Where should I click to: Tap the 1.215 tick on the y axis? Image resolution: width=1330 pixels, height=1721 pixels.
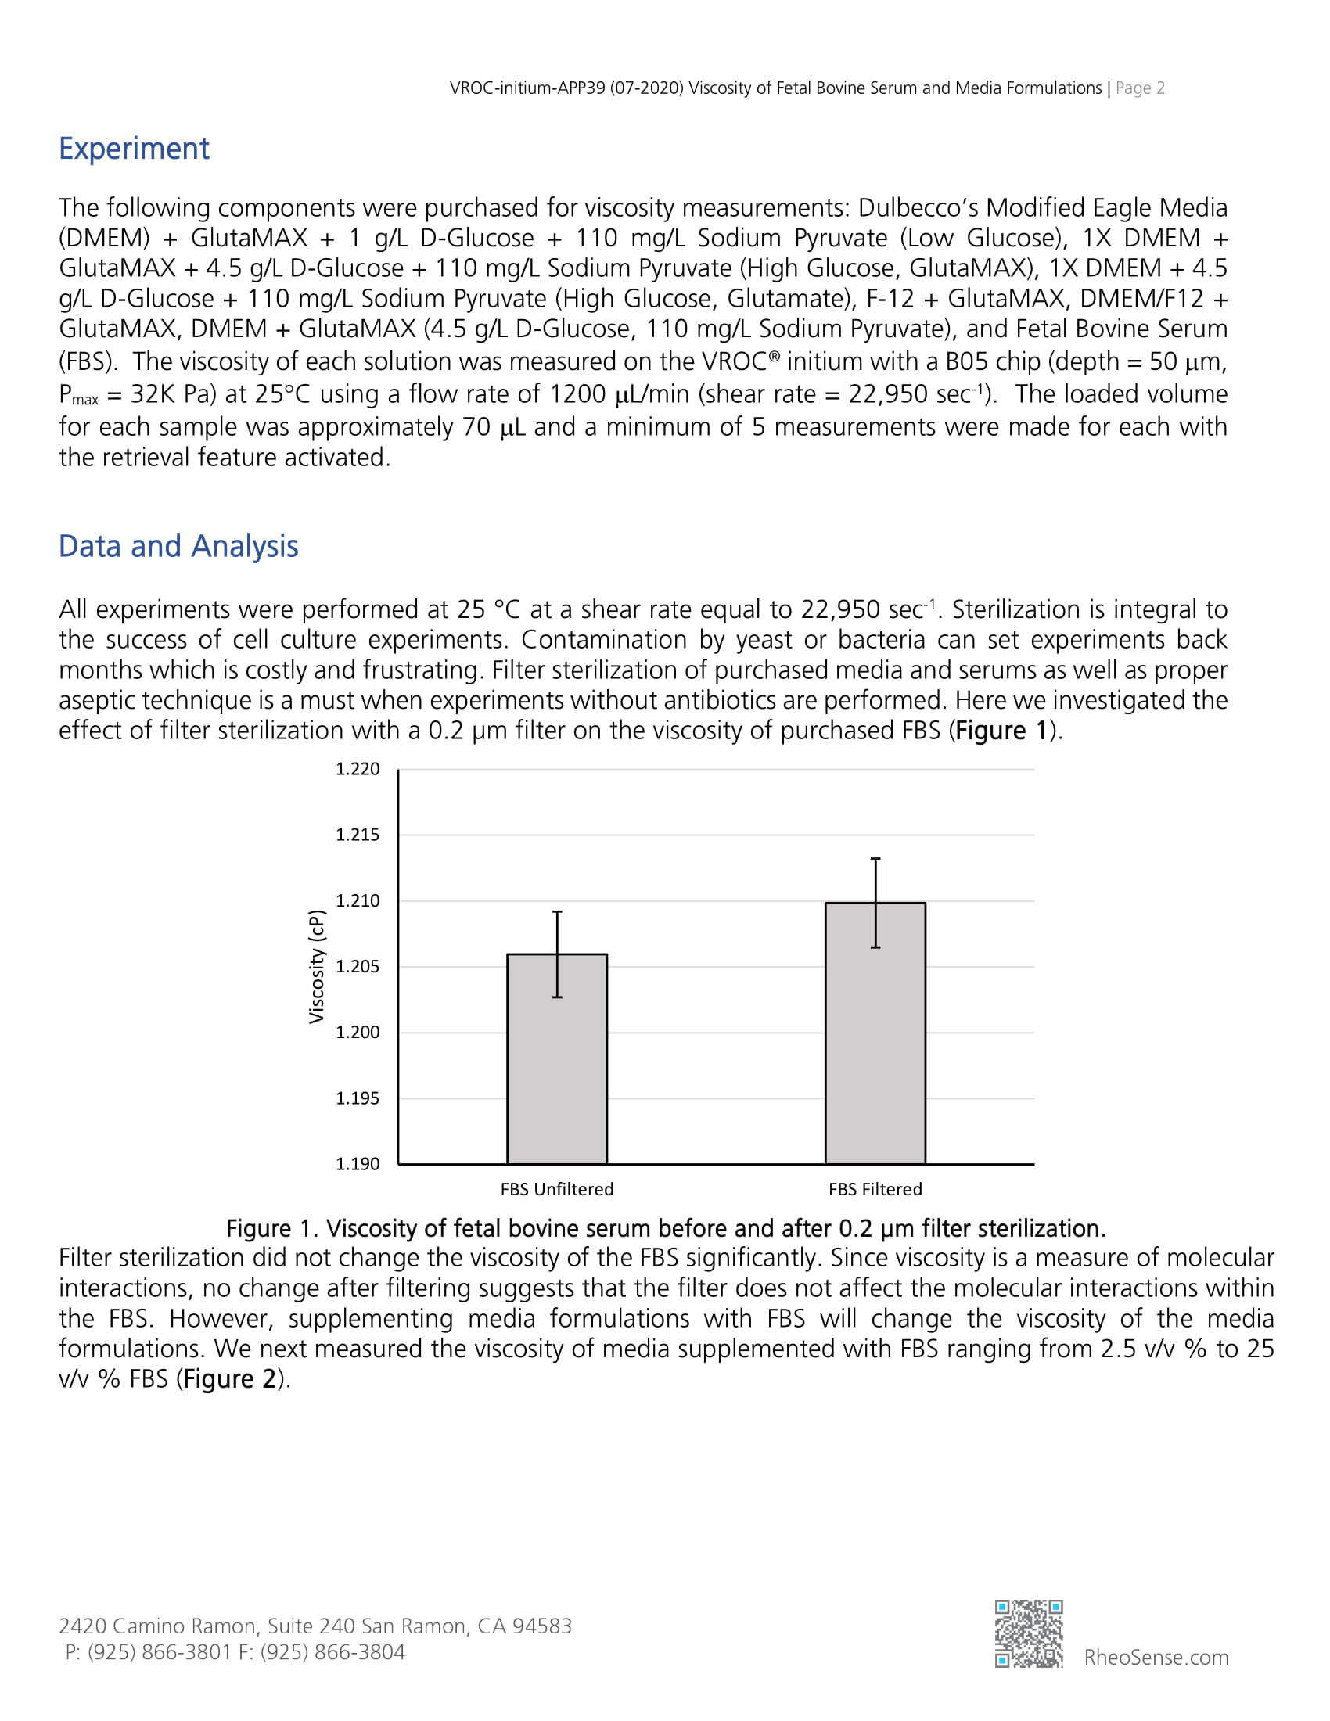(358, 835)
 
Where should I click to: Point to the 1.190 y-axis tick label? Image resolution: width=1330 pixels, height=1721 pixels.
(358, 1164)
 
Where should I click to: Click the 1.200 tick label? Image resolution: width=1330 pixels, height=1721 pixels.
(358, 1033)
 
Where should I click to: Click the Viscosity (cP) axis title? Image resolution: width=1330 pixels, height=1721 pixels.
(317, 967)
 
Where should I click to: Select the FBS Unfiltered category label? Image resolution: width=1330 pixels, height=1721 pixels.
(556, 1189)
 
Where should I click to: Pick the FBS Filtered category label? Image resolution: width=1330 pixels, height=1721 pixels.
(875, 1189)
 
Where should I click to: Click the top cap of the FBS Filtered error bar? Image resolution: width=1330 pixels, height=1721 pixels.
(875, 859)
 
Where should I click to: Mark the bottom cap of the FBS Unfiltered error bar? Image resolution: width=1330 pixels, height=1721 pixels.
(557, 997)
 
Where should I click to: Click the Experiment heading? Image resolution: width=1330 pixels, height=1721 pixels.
(134, 149)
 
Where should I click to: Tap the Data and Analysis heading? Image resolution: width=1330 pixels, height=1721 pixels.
(178, 546)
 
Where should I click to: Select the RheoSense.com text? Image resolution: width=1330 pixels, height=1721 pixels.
(1156, 1657)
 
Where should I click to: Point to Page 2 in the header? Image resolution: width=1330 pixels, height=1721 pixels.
(1139, 88)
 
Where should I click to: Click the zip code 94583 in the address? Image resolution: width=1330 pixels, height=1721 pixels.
(542, 1626)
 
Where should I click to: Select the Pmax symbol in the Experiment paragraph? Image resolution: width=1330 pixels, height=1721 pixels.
(78, 395)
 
